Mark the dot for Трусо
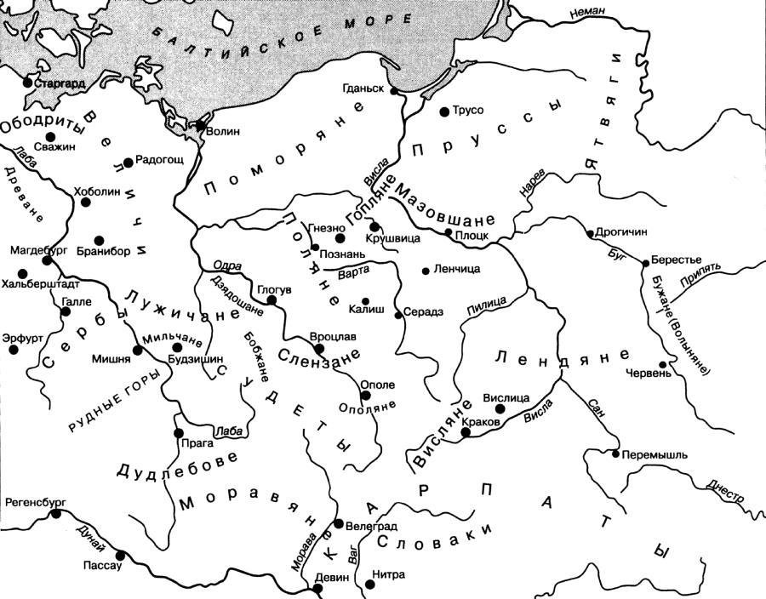point(443,111)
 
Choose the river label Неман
point(587,10)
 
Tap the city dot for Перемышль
point(616,454)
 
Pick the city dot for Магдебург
point(47,261)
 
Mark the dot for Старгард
point(27,83)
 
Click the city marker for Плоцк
point(449,231)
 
